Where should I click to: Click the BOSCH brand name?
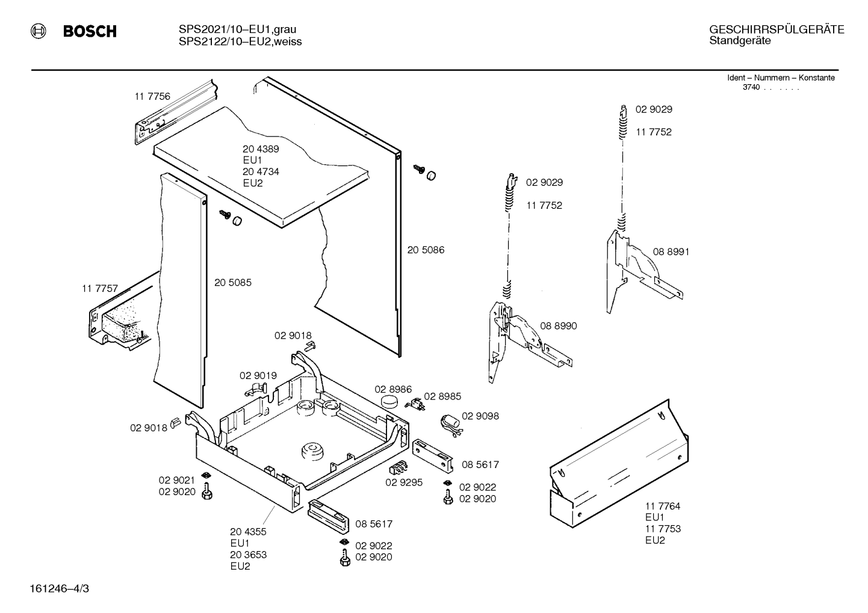click(x=90, y=31)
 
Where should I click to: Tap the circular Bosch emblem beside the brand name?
click(x=39, y=31)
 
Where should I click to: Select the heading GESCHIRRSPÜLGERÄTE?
click(x=777, y=29)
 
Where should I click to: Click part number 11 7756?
click(x=152, y=96)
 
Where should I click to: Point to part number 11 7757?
click(x=100, y=289)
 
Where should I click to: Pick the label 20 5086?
click(x=426, y=250)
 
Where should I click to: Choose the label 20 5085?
click(x=233, y=283)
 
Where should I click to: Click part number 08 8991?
click(x=671, y=252)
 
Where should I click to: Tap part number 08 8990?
click(x=559, y=326)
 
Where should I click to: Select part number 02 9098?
click(x=480, y=416)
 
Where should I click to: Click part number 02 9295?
click(x=404, y=482)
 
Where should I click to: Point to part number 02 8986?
click(x=393, y=389)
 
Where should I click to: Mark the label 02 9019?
click(x=258, y=375)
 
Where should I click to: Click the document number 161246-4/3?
click(x=59, y=589)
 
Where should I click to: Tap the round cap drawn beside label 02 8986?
click(x=389, y=401)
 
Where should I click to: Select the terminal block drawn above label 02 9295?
click(x=398, y=467)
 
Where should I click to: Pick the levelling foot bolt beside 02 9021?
click(x=207, y=491)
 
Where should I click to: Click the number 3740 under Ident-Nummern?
click(x=751, y=87)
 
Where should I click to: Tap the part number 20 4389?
click(x=261, y=149)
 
